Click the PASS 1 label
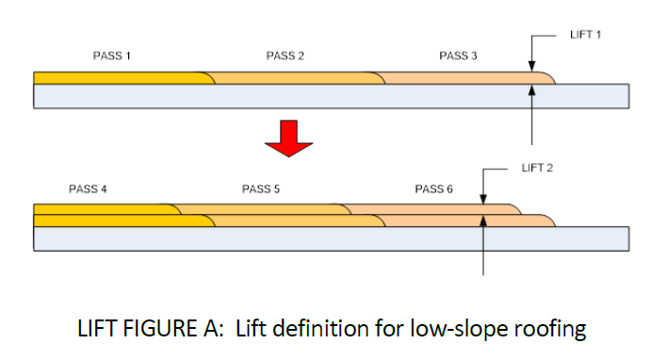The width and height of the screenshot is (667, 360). (x=111, y=57)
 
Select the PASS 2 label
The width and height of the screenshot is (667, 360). (x=285, y=57)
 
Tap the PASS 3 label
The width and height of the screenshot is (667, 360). (x=458, y=57)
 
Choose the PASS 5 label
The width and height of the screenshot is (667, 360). (x=261, y=189)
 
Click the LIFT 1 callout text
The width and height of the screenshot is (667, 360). (x=585, y=35)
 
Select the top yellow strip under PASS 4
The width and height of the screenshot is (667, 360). (x=104, y=208)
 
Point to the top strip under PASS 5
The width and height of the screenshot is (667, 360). (x=264, y=208)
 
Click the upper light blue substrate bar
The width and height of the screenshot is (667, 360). (x=330, y=96)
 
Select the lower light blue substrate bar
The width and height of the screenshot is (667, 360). (x=330, y=239)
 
